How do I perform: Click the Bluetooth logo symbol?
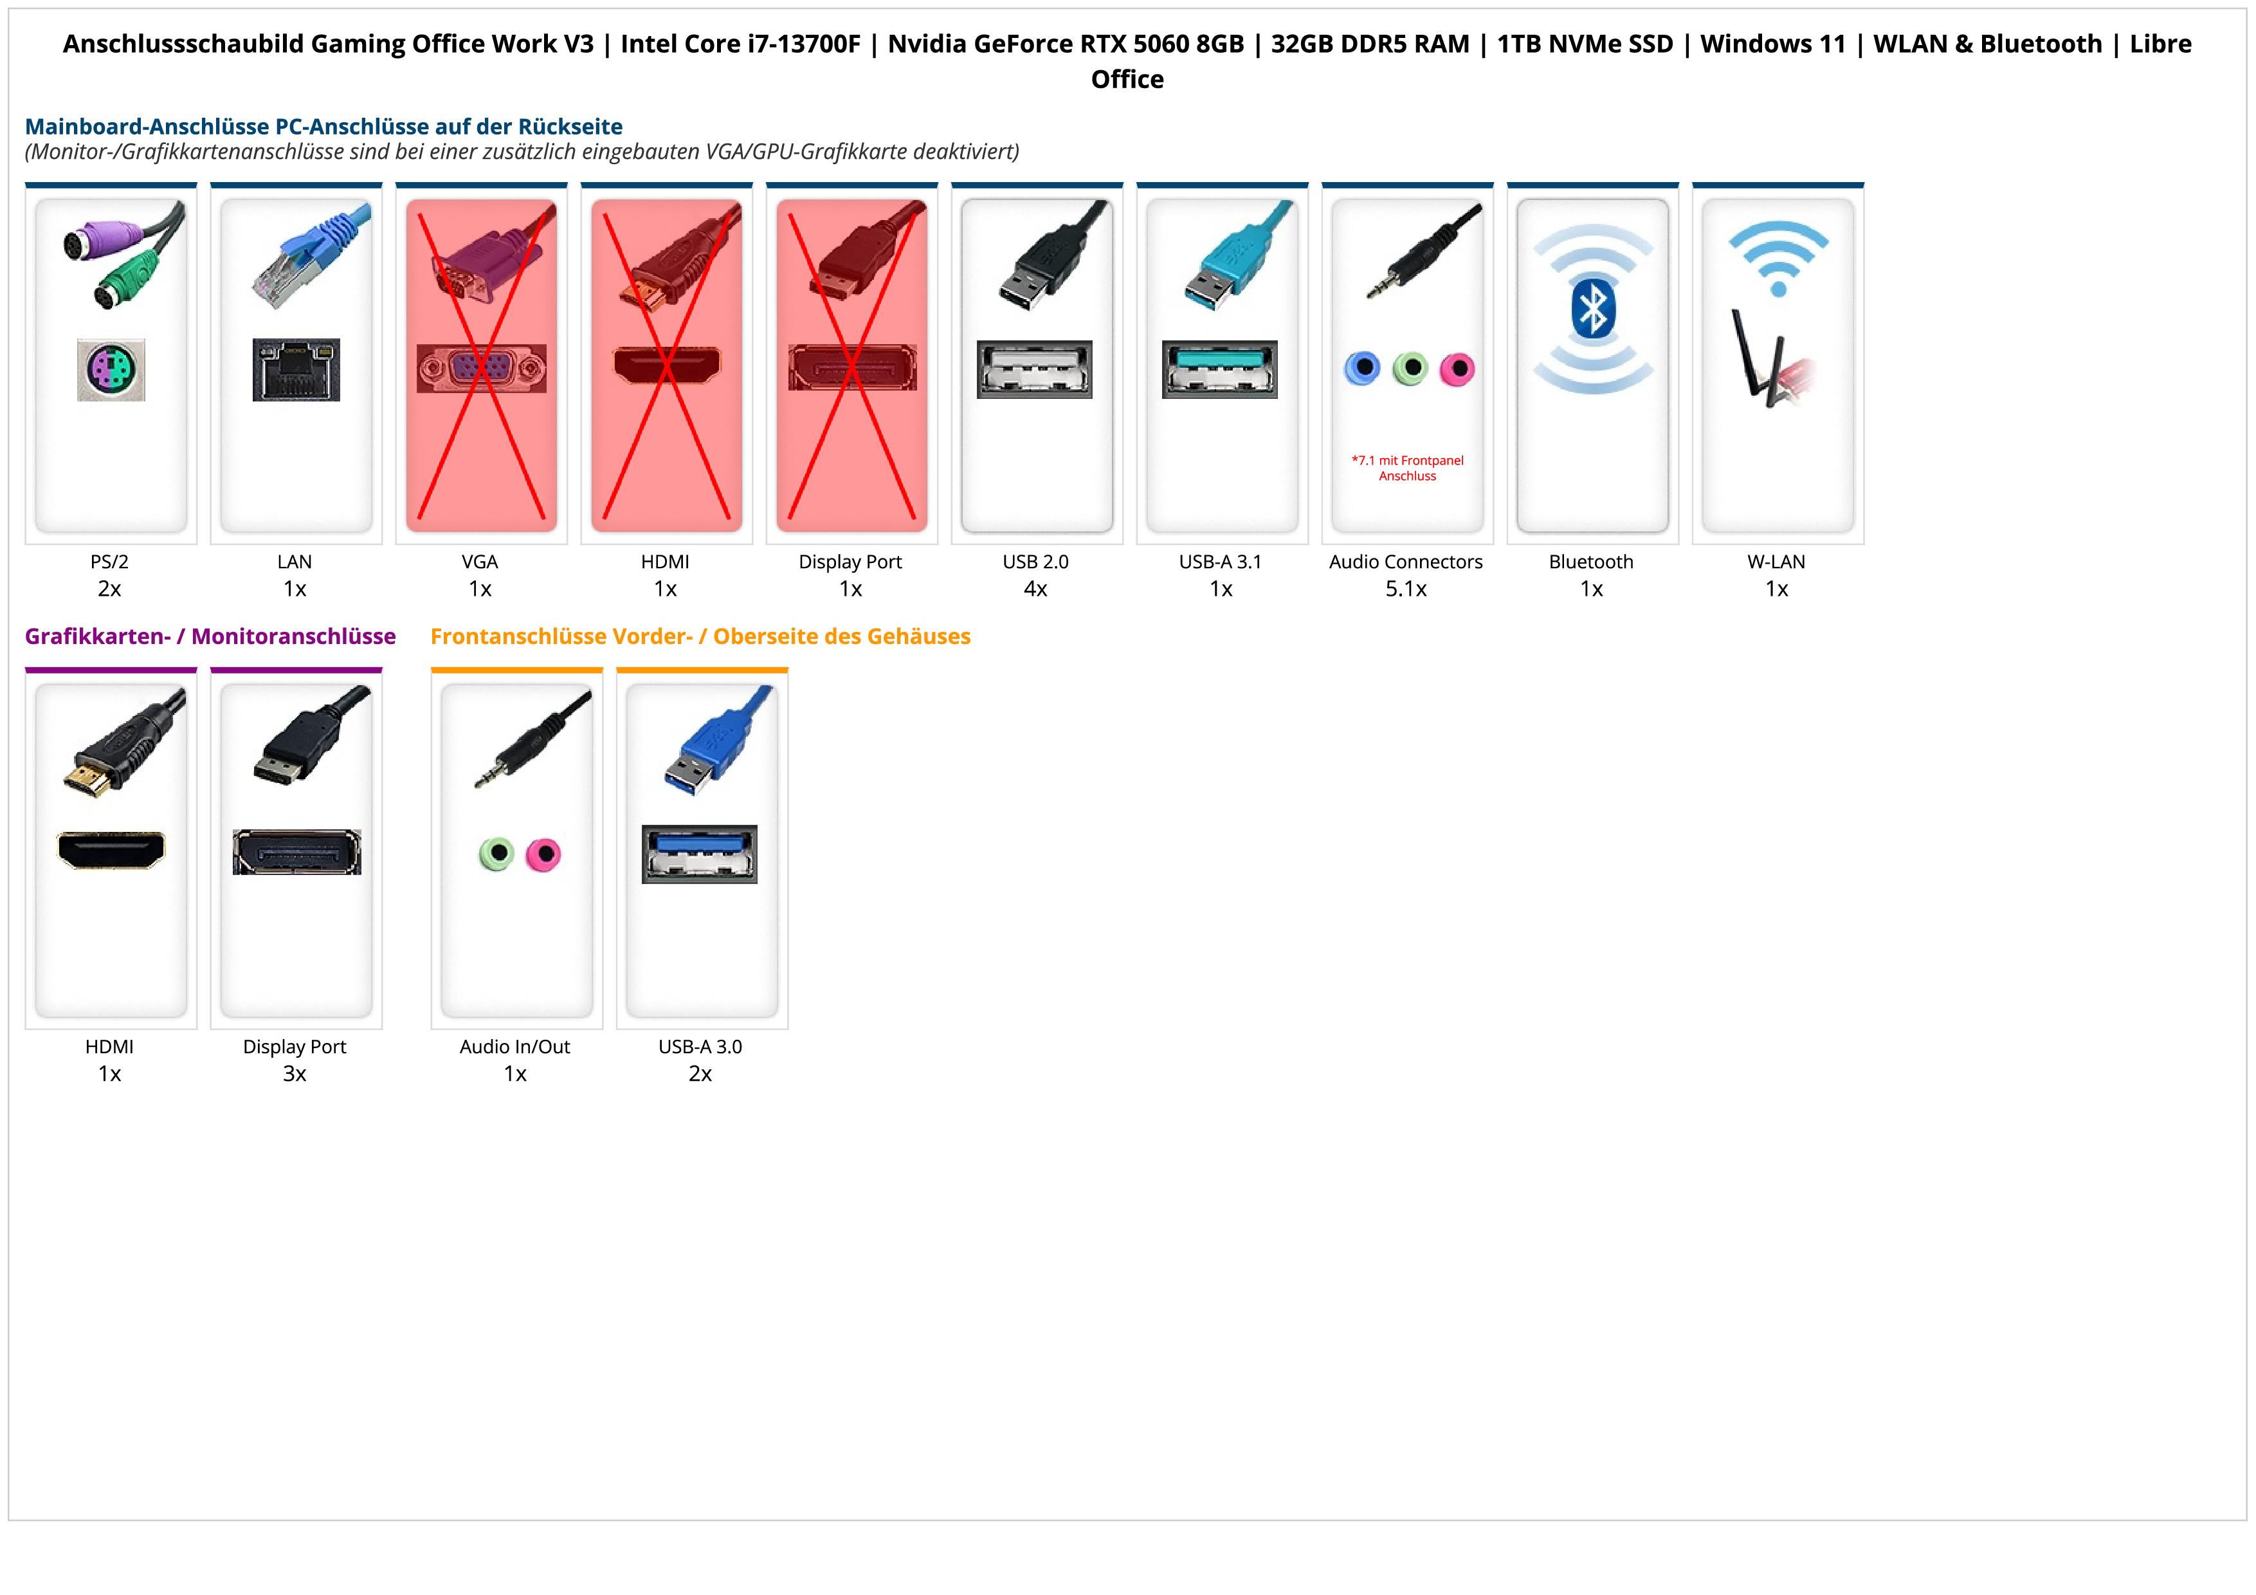(1592, 309)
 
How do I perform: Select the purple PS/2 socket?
(111, 369)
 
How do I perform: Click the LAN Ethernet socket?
(296, 369)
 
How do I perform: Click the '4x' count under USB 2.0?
(1035, 589)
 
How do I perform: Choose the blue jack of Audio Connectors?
(1362, 369)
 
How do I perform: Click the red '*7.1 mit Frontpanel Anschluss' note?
(1407, 468)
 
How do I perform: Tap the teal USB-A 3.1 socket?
(1219, 369)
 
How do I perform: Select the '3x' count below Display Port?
(295, 1073)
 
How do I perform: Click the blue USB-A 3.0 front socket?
(700, 853)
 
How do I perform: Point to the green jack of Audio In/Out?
(496, 853)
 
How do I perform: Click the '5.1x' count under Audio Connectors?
(1406, 589)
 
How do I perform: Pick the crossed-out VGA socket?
(480, 369)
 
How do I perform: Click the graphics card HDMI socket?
(111, 850)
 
